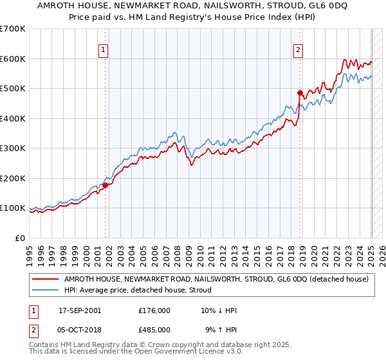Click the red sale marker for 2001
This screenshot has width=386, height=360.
click(x=106, y=185)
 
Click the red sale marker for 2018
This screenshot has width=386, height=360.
click(x=300, y=93)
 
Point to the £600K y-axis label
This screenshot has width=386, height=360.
click(x=13, y=59)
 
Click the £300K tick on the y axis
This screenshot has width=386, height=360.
click(x=13, y=148)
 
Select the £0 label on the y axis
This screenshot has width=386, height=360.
click(x=21, y=238)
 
